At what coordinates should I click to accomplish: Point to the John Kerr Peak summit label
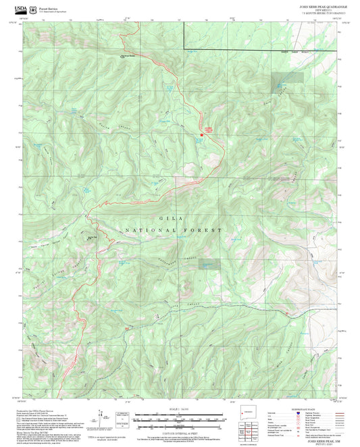[93, 236]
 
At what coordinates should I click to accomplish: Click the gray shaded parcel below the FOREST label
[209, 265]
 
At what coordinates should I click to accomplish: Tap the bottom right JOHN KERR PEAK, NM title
[315, 439]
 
